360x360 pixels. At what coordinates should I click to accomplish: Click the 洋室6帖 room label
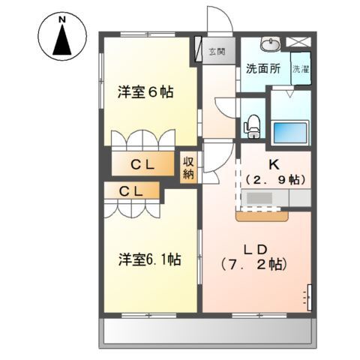pyautogui.click(x=145, y=92)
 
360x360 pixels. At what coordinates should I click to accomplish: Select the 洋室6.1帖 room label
pyautogui.click(x=149, y=259)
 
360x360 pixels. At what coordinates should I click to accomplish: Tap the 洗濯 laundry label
pyautogui.click(x=300, y=68)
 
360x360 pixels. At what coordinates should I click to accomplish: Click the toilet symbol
pyautogui.click(x=253, y=124)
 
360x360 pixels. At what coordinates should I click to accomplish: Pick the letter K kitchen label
pyautogui.click(x=274, y=163)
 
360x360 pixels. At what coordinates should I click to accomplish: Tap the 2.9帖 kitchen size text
pyautogui.click(x=274, y=179)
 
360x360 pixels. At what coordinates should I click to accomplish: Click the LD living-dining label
pyautogui.click(x=255, y=248)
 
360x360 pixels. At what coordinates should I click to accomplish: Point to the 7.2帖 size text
pyautogui.click(x=255, y=265)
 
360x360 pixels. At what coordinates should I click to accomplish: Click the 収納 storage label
pyautogui.click(x=188, y=169)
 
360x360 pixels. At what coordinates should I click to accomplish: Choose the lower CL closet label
pyautogui.click(x=133, y=192)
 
